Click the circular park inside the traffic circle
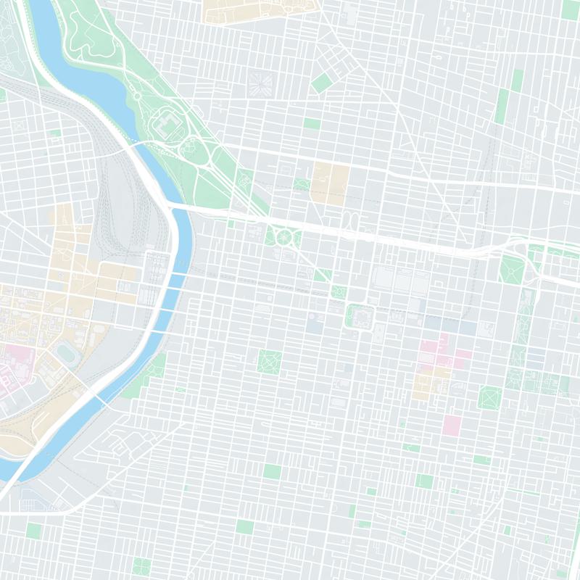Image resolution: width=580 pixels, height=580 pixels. tap(283, 236)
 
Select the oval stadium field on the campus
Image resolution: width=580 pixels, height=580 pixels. tap(67, 355)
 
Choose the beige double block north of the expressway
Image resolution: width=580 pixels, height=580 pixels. tap(330, 181)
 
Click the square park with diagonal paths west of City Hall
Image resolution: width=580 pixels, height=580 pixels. tap(270, 360)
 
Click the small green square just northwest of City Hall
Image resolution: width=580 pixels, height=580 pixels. tap(339, 291)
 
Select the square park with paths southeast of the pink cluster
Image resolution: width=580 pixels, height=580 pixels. tap(490, 397)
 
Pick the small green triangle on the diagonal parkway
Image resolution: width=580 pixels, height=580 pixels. tap(322, 275)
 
